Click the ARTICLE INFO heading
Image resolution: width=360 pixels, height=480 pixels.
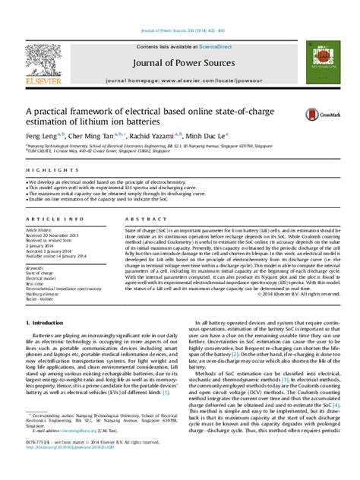pyautogui.click(x=47, y=219)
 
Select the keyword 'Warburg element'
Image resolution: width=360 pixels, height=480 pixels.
pyautogui.click(x=45, y=295)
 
